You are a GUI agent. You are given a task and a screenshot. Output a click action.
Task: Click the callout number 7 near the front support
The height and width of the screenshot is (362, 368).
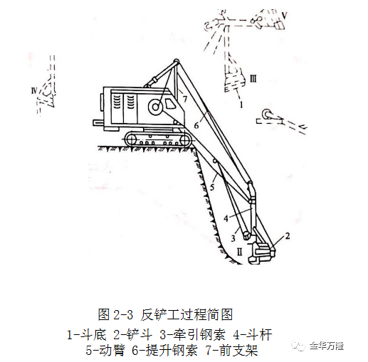tap(184, 99)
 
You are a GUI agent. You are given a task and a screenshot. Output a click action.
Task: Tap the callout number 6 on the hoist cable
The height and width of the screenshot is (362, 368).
tap(196, 126)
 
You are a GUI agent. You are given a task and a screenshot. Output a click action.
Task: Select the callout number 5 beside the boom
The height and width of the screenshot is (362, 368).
tap(212, 187)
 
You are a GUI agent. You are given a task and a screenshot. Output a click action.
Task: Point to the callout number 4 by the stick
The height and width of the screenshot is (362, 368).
tap(226, 218)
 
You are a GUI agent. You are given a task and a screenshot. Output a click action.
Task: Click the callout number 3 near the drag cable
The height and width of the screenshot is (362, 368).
tap(233, 238)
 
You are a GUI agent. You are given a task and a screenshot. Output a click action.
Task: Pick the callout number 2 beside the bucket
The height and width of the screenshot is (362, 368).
tap(288, 236)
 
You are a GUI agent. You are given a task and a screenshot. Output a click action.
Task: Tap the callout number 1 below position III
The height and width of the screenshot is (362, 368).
tap(241, 105)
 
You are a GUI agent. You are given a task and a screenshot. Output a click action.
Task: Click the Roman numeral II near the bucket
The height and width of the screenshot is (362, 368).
tap(239, 252)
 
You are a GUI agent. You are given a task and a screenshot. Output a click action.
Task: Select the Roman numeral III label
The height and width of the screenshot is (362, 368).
tap(253, 79)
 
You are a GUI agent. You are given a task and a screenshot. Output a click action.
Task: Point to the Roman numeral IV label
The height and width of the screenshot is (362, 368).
tap(34, 90)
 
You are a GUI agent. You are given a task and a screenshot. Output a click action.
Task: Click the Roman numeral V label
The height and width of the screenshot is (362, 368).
tap(285, 16)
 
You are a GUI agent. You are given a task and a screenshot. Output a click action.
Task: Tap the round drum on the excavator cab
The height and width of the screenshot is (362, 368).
tap(155, 107)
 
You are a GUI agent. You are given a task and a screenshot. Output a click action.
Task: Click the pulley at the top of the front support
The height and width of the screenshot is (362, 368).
tap(177, 60)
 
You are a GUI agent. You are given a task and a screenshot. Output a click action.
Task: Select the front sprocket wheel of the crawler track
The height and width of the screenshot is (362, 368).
tap(186, 141)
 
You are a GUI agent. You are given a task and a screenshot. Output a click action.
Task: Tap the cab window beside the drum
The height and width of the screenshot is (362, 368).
tap(169, 103)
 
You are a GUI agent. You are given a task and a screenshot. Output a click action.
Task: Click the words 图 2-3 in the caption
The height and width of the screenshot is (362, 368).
tap(116, 315)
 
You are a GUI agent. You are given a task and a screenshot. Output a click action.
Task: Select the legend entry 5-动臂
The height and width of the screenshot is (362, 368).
tap(105, 351)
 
